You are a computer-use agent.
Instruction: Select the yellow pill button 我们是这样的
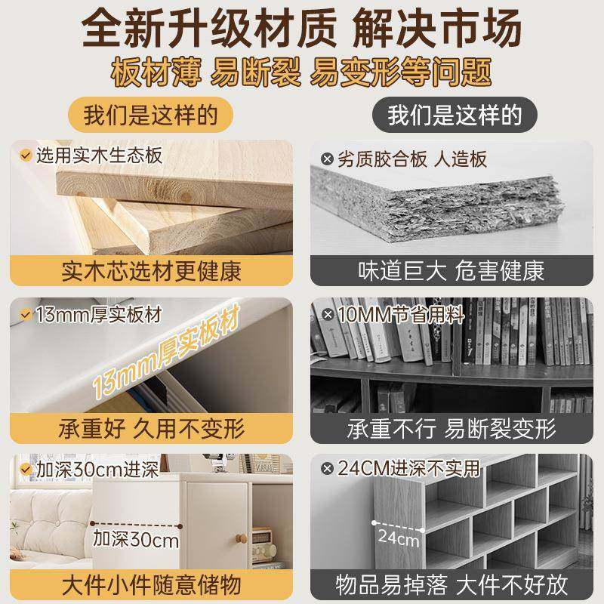[150, 116]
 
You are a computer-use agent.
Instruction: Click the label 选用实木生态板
[97, 156]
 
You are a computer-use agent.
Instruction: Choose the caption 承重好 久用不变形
[151, 429]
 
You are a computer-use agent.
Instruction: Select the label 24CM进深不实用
[408, 469]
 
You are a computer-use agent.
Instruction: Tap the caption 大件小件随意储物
[151, 587]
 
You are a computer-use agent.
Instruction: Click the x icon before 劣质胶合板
[327, 159]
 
